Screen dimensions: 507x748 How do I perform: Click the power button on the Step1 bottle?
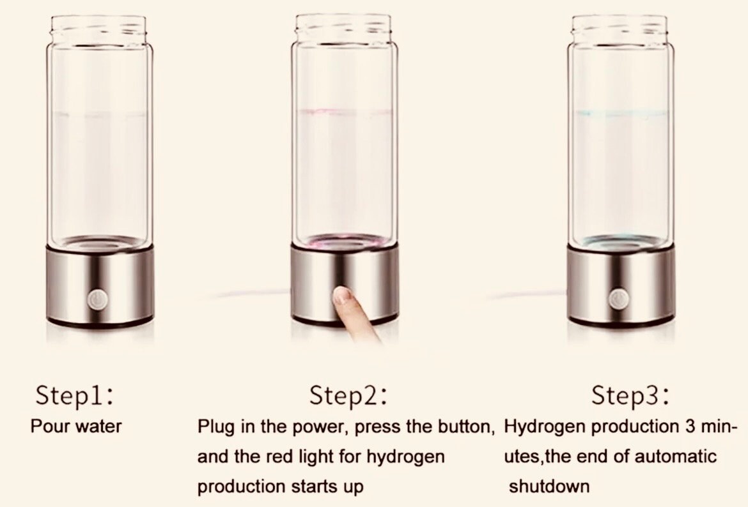[x=98, y=298]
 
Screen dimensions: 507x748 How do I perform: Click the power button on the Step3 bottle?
[x=619, y=298]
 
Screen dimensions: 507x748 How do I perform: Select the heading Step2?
[x=348, y=396]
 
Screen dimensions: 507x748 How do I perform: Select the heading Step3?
[x=630, y=396]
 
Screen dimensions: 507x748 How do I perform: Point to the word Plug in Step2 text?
[x=216, y=427]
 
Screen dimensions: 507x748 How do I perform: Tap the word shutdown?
[x=549, y=487]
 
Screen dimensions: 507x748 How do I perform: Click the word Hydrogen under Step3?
[x=545, y=427]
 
